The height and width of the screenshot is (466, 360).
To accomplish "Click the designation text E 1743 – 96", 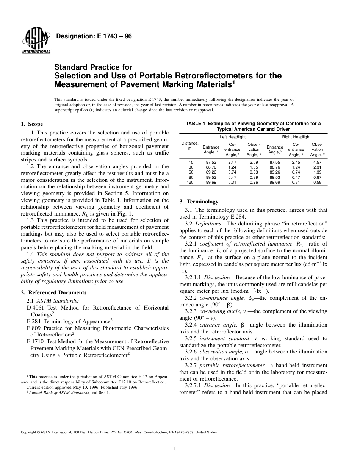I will coord(94,36).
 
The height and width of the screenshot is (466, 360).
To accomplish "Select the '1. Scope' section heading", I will coord(32,124).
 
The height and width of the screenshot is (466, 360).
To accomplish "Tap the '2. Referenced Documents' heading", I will coord(53,292).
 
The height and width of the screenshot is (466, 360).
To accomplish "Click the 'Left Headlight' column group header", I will coord(233,137).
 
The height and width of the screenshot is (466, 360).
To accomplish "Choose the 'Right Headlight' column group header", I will coord(296,137).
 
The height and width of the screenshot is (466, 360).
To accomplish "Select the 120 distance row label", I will coord(189,182).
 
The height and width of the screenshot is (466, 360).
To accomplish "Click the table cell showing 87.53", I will coord(211,162).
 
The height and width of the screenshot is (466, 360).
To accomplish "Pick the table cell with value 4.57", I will coord(317,162).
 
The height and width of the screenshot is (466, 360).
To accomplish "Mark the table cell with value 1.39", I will coord(317,172).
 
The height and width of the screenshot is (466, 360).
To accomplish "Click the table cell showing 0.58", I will coord(317,182).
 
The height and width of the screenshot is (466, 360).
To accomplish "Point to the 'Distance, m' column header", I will coord(189,146).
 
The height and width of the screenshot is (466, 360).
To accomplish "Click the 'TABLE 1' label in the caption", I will coord(196,124).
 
